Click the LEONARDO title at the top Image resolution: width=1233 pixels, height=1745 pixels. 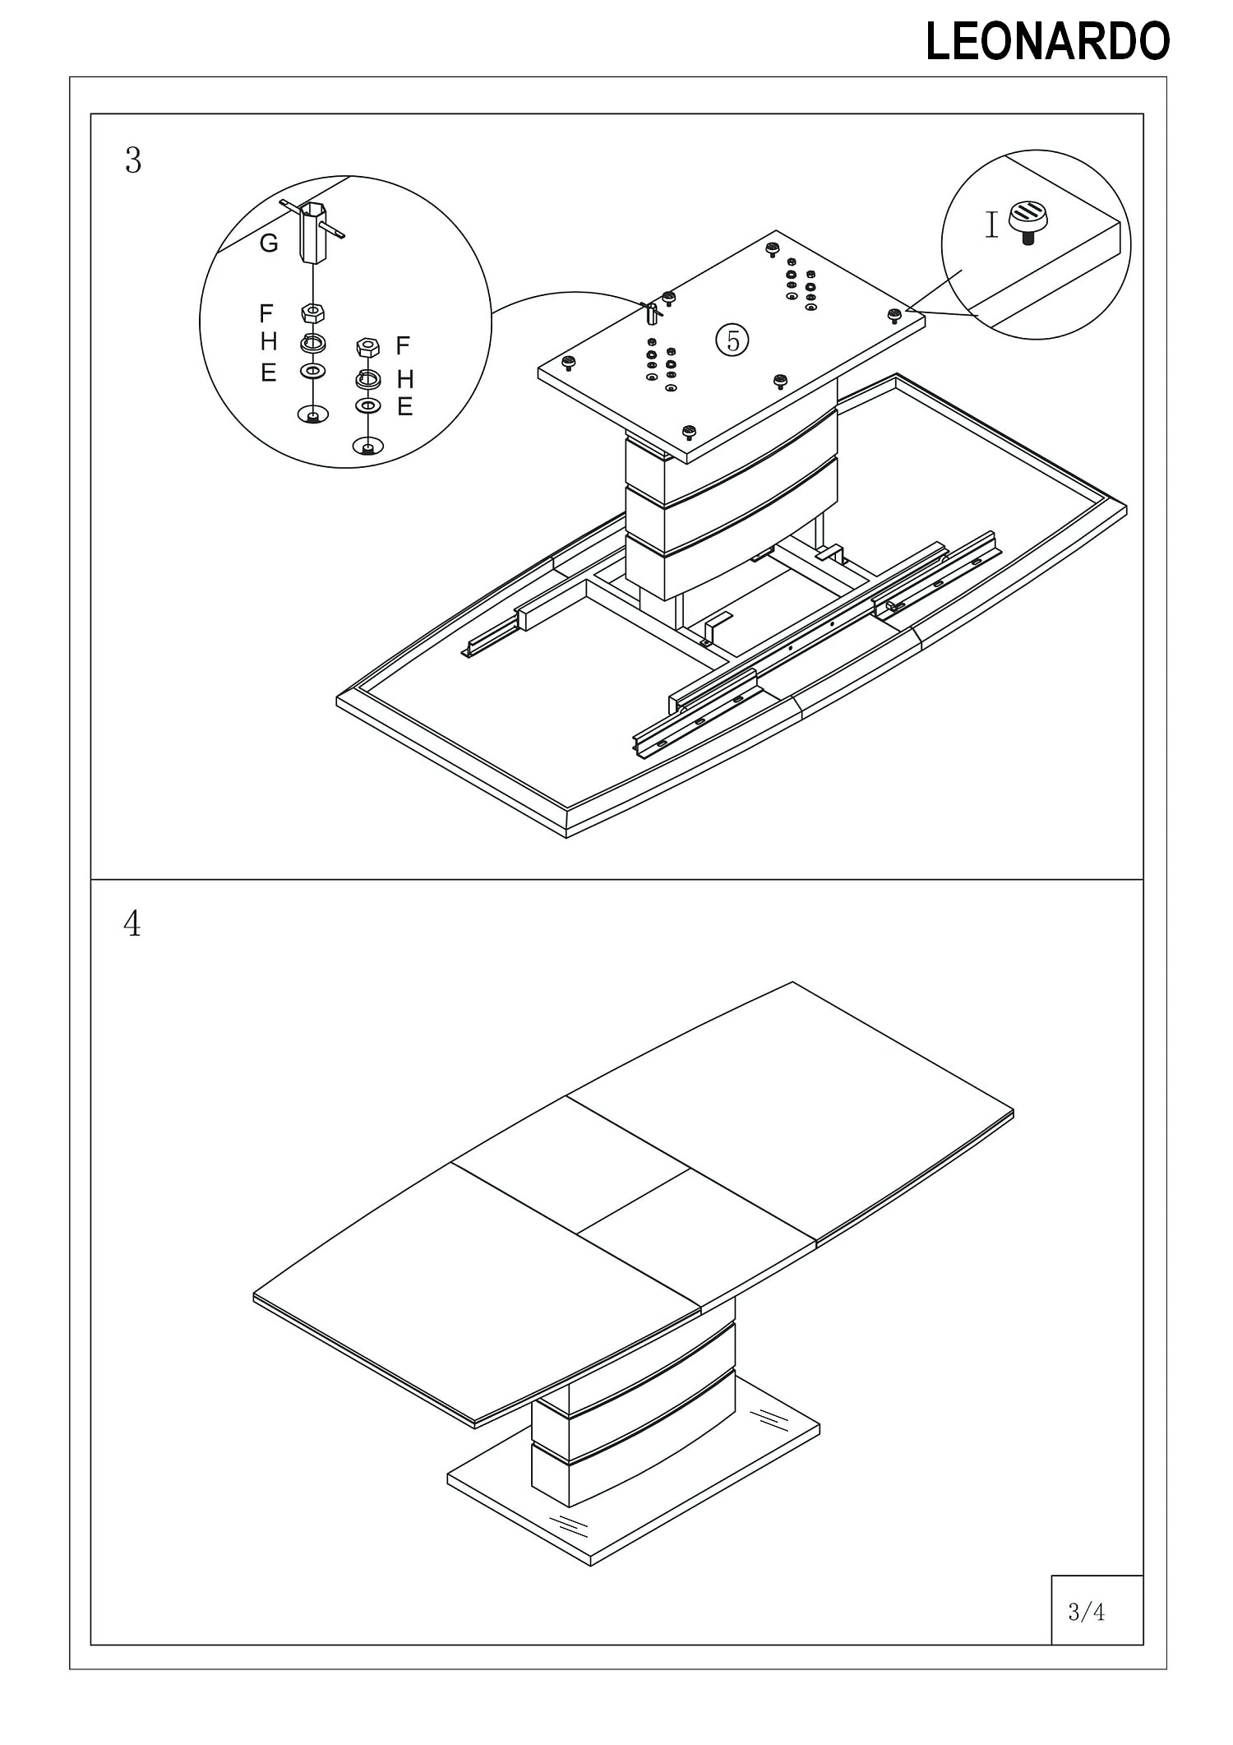tap(1047, 42)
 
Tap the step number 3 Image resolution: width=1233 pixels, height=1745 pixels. tap(133, 160)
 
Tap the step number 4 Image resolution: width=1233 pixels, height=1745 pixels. tap(132, 924)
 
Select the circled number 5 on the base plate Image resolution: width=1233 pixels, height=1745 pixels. tap(733, 339)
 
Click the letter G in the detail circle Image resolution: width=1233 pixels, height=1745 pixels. tap(269, 243)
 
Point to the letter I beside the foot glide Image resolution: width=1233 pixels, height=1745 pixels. tap(992, 224)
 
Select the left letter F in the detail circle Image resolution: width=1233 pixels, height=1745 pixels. tap(266, 313)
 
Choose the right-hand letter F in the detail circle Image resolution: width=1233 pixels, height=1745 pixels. tap(403, 345)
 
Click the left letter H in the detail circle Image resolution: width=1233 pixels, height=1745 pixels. tap(268, 341)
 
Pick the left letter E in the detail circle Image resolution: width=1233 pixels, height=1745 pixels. tap(268, 373)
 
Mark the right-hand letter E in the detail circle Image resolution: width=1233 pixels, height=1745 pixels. tap(404, 406)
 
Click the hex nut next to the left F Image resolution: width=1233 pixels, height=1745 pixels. tap(313, 313)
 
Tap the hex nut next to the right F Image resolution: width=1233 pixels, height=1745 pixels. tap(367, 346)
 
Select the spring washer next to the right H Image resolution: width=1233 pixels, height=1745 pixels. tap(368, 379)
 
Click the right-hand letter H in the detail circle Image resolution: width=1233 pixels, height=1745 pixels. tap(405, 379)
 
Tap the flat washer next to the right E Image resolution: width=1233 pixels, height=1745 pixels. tap(368, 405)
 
